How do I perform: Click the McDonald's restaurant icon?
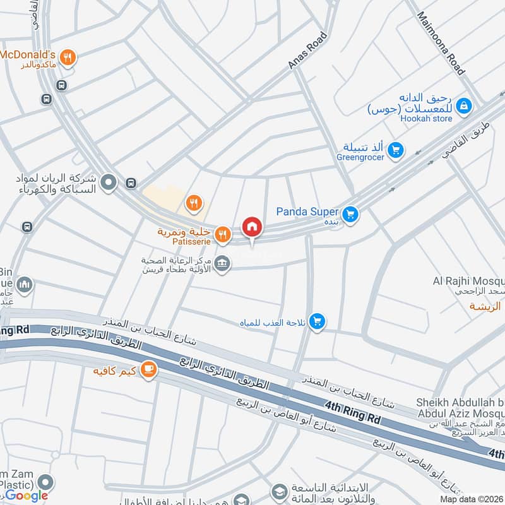tap(69, 58)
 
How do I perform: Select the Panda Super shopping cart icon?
tap(352, 215)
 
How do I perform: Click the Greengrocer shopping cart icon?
tap(396, 150)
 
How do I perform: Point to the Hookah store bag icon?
tap(464, 105)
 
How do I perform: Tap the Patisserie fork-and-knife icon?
tap(222, 235)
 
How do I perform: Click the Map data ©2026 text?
tap(471, 499)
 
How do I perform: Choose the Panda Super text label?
tap(307, 212)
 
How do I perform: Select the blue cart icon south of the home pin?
tap(318, 322)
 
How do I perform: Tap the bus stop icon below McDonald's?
tap(45, 99)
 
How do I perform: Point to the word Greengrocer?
tap(360, 157)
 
